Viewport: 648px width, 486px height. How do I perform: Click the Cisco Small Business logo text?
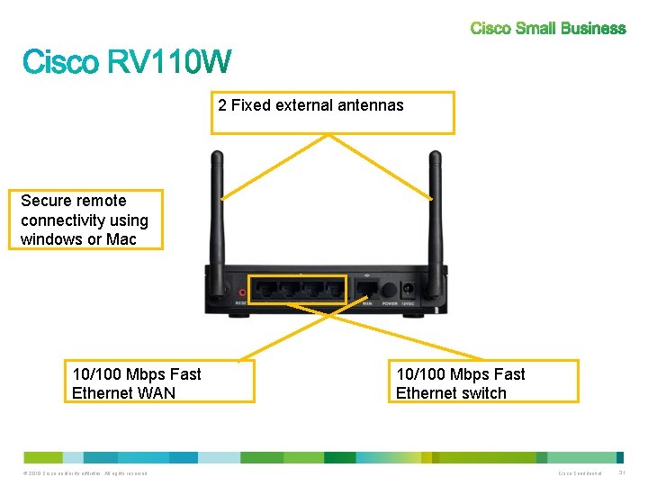(x=547, y=28)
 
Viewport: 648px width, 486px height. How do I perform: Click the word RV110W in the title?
(x=169, y=62)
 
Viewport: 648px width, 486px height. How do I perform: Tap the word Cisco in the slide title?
(x=60, y=62)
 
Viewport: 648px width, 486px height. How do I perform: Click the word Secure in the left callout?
(x=49, y=201)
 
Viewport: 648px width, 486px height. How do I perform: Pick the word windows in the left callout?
(x=51, y=239)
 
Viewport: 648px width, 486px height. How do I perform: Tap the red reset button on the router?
(x=242, y=292)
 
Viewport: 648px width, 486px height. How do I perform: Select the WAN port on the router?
(x=367, y=291)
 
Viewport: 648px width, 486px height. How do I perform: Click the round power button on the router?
(x=390, y=291)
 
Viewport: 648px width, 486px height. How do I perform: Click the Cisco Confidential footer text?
(x=580, y=473)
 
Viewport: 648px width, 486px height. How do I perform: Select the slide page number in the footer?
(x=622, y=473)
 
